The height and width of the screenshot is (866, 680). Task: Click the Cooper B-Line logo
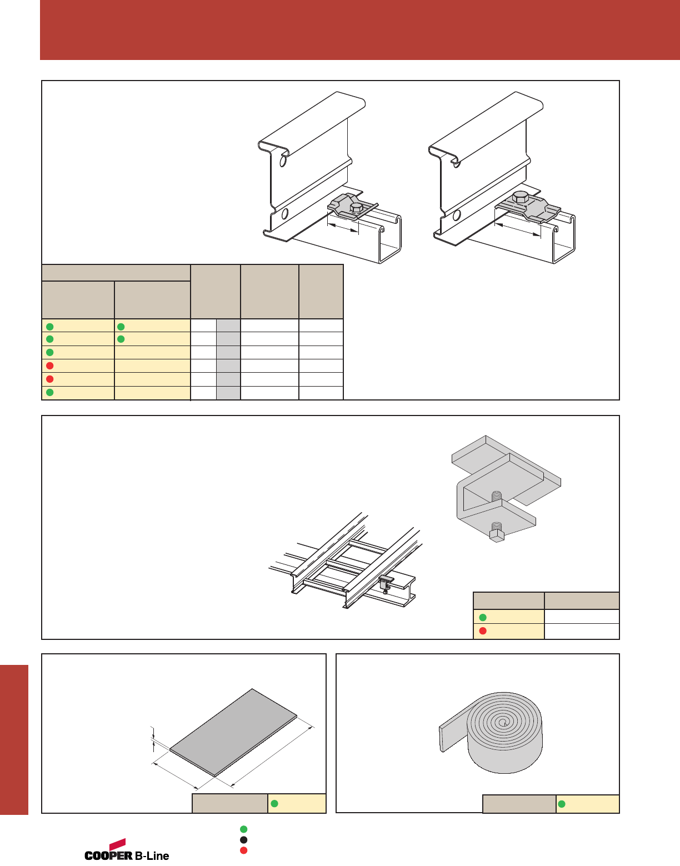[127, 849]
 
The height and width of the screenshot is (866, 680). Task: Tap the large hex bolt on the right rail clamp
[520, 197]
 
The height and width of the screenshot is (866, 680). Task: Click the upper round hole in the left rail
[283, 162]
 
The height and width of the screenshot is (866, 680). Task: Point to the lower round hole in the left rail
[284, 214]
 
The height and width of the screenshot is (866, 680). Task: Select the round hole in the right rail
[457, 215]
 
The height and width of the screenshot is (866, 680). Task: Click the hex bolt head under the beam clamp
[497, 536]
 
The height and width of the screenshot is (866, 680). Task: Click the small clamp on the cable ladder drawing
[386, 584]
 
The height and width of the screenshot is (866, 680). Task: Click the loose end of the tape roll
[442, 739]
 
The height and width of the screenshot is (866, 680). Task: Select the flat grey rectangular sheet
[233, 733]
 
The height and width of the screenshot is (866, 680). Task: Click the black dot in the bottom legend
[243, 840]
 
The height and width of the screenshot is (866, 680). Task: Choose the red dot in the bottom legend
[243, 850]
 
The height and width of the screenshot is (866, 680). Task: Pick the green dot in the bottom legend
[243, 829]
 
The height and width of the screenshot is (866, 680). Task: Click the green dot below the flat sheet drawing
[274, 803]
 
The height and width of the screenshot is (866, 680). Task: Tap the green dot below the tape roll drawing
[562, 804]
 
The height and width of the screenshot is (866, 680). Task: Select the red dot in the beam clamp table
[483, 631]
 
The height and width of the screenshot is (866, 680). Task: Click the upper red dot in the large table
[50, 366]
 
